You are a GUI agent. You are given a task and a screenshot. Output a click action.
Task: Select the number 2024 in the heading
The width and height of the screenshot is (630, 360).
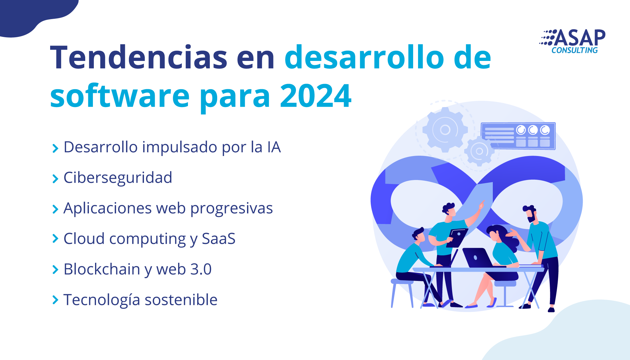pos(316,96)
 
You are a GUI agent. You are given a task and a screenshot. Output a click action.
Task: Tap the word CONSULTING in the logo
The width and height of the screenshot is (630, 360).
pos(575,50)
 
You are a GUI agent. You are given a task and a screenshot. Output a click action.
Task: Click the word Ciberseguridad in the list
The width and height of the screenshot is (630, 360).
pos(118,178)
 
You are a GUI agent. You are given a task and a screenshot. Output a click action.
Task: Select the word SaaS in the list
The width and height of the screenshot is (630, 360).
pos(219,239)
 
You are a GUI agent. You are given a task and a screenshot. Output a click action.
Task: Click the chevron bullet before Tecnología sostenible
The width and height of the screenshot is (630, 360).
pos(55,300)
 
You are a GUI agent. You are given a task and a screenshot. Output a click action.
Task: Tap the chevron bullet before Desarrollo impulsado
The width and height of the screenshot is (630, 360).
pos(55,148)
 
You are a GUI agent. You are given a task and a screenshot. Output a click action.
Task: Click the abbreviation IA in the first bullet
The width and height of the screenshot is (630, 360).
pos(274,147)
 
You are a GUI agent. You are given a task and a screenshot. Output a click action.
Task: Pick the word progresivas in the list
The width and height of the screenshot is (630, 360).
pos(232,209)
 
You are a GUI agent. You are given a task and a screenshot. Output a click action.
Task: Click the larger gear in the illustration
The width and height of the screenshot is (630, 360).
pos(445,130)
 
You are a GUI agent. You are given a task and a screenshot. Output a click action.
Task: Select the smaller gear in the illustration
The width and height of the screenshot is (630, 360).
pos(479,151)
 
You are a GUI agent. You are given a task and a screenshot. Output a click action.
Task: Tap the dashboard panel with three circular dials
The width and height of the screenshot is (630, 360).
pos(518,136)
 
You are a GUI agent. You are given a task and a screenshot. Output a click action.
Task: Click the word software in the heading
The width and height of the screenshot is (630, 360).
pos(120,96)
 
